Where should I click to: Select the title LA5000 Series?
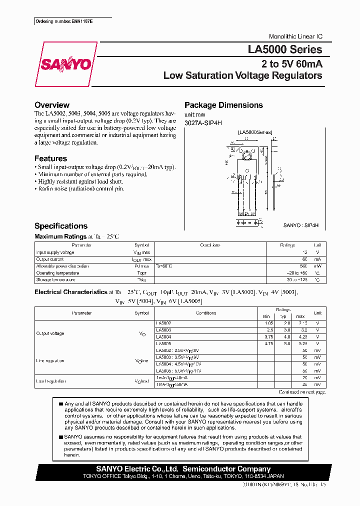[285, 49]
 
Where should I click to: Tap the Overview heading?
[52, 105]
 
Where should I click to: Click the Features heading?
[50, 158]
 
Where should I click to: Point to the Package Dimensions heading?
[223, 105]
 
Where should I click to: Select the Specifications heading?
[61, 226]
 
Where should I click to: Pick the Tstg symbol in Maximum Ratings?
[141, 280]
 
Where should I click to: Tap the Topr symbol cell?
[141, 273]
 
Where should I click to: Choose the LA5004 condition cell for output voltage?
[164, 337]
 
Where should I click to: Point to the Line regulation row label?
[50, 360]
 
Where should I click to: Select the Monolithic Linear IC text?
[295, 37]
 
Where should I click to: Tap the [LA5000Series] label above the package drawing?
[255, 132]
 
